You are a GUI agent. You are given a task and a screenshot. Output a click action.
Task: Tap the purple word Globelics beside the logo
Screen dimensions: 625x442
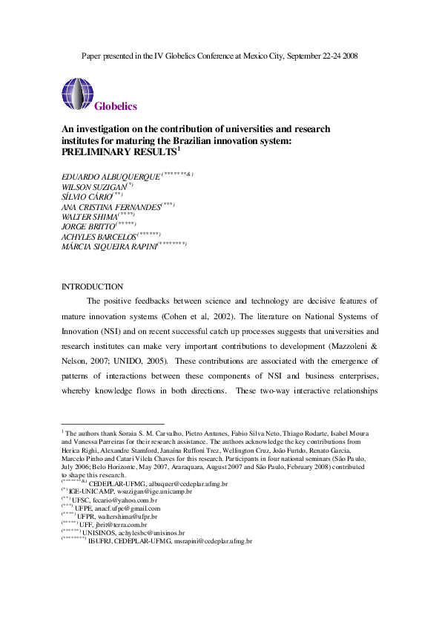click(116, 106)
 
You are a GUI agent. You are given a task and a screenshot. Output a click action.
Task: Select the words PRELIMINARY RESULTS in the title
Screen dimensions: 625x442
click(118, 151)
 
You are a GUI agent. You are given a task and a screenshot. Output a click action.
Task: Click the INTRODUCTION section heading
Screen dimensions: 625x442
click(92, 287)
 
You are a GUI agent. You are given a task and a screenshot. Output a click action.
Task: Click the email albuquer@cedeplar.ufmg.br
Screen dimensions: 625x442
click(180, 483)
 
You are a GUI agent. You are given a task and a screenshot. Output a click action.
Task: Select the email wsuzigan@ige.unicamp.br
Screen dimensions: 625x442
click(154, 491)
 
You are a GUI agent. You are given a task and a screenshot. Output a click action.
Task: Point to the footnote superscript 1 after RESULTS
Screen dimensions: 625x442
click(179, 148)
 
